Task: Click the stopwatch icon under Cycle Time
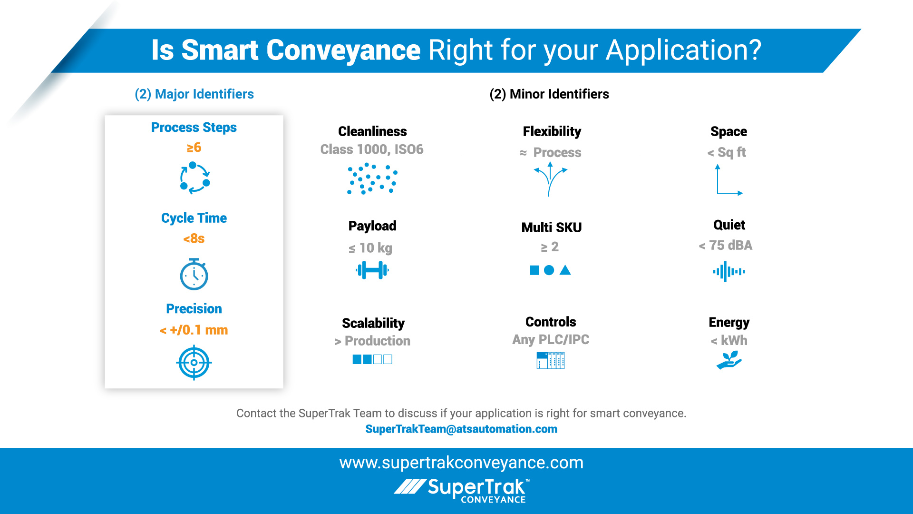pyautogui.click(x=194, y=275)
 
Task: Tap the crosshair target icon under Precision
pyautogui.click(x=194, y=363)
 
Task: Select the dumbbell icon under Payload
pyautogui.click(x=372, y=270)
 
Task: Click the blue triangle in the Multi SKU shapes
pyautogui.click(x=565, y=270)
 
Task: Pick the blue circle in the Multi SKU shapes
pyautogui.click(x=549, y=270)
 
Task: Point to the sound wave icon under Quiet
pyautogui.click(x=728, y=272)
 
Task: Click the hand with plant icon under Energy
pyautogui.click(x=728, y=360)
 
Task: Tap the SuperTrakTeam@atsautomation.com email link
pyautogui.click(x=461, y=429)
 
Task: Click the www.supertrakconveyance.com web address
pyautogui.click(x=461, y=463)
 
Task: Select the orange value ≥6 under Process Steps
pyautogui.click(x=194, y=148)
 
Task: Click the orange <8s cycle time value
pyautogui.click(x=194, y=238)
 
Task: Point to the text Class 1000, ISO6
pyautogui.click(x=372, y=149)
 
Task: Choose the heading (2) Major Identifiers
pyautogui.click(x=194, y=94)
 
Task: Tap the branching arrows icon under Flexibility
pyautogui.click(x=550, y=179)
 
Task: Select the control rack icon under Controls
pyautogui.click(x=550, y=360)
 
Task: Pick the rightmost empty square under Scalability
pyautogui.click(x=388, y=359)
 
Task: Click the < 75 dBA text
pyautogui.click(x=726, y=246)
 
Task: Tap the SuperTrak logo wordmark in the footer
pyautogui.click(x=476, y=488)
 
